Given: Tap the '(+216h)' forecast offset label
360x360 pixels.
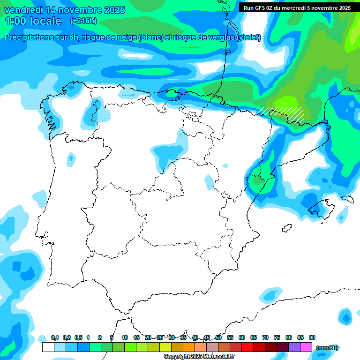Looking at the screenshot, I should point(83,21).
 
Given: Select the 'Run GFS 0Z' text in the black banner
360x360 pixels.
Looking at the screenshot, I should point(259,8).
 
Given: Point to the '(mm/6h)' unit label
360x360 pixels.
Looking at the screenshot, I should point(327,348).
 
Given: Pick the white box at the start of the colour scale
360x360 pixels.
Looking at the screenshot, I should point(48,347).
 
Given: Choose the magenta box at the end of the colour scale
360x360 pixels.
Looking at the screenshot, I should point(306,347).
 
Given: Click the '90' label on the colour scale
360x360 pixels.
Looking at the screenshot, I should point(312,337).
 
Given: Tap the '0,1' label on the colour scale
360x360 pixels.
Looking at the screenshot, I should point(54,337).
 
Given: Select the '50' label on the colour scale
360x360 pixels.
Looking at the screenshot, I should point(218,337).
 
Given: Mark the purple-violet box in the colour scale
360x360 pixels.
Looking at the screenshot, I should point(294,347).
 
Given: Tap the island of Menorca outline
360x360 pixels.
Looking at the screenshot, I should point(347,199).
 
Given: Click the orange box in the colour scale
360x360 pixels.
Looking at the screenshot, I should point(189,347).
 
